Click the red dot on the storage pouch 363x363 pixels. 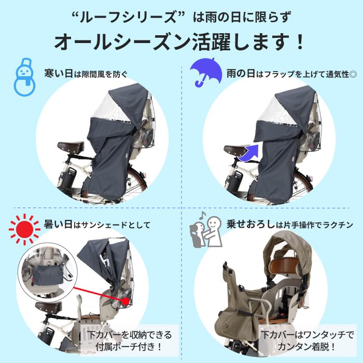point(127,301)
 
